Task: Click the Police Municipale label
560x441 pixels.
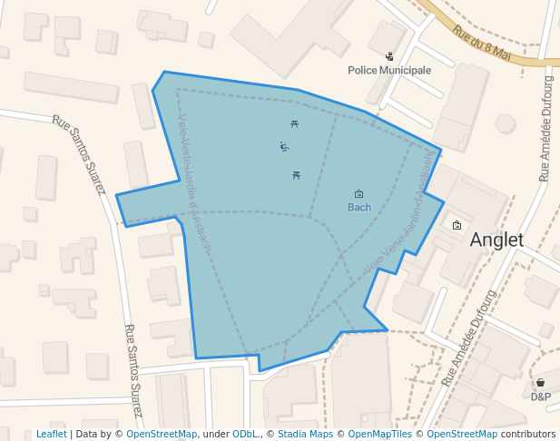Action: [389, 70]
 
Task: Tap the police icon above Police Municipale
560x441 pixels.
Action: [389, 56]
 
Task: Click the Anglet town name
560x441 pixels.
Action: [496, 240]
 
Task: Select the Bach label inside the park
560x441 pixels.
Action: [359, 208]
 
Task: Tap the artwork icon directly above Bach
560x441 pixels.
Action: [359, 193]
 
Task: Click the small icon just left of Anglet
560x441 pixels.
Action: [457, 225]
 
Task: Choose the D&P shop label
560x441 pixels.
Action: [541, 397]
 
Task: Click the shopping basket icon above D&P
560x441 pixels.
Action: [541, 383]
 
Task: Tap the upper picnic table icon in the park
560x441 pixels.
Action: [294, 123]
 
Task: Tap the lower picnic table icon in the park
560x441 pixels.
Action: [296, 175]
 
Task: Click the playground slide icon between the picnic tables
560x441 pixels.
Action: [284, 146]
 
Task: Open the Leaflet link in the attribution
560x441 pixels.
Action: [51, 435]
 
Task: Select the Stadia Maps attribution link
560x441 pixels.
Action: [305, 435]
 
